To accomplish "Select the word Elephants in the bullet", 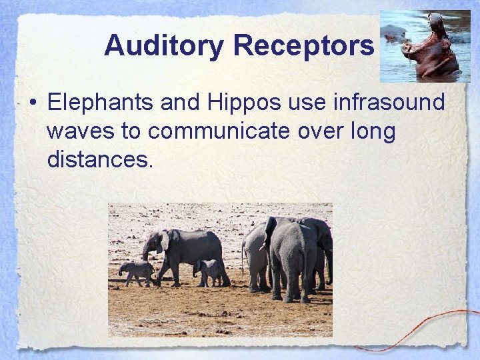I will pyautogui.click(x=109, y=103).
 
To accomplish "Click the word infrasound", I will pyautogui.click(x=387, y=103).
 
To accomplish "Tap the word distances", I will pyautogui.click(x=100, y=160).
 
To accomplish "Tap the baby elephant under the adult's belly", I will pyautogui.click(x=209, y=270).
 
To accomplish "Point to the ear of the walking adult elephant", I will pyautogui.click(x=165, y=241).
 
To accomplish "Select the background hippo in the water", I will pyautogui.click(x=394, y=32).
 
